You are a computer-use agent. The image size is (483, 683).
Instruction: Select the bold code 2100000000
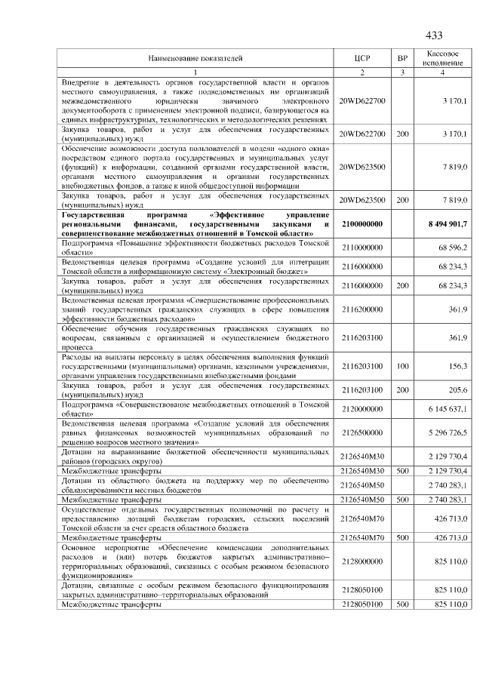coord(362,225)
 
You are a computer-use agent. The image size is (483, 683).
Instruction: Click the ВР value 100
coord(402,366)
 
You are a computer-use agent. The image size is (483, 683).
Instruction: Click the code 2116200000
coord(362,309)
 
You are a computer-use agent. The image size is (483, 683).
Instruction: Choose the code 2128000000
coord(362,562)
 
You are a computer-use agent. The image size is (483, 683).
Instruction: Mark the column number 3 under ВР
coord(402,72)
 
